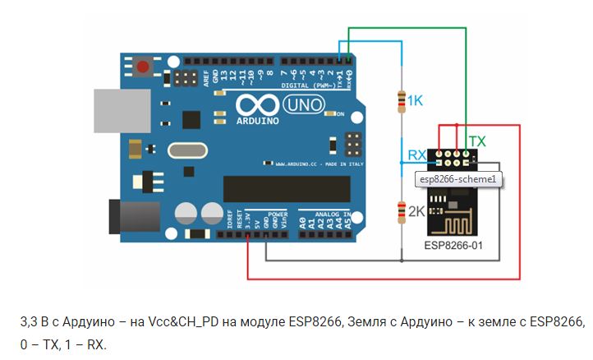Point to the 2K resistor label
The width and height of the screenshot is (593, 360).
pyautogui.click(x=416, y=211)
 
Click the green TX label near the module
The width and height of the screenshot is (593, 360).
pyautogui.click(x=476, y=141)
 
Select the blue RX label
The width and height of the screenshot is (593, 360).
pyautogui.click(x=417, y=155)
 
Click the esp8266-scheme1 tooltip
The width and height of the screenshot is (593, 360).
pyautogui.click(x=457, y=179)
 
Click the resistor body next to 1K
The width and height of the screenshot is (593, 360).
pyautogui.click(x=402, y=101)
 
